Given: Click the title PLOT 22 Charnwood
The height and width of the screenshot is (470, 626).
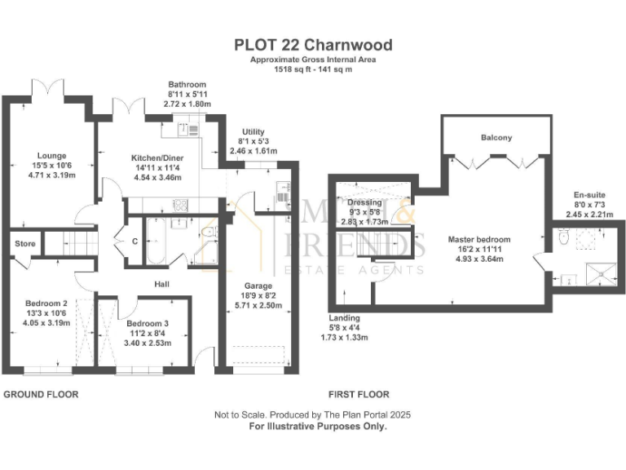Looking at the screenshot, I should point(313,45).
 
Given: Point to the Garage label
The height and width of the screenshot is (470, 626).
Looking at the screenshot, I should point(256,286).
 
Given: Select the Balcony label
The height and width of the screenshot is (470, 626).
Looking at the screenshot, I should point(496,138).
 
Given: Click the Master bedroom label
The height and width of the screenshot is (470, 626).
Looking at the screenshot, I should point(479,240).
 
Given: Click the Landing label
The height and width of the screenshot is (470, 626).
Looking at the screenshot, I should point(345,317).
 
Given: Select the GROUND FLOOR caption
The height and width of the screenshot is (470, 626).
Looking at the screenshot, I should point(42,394).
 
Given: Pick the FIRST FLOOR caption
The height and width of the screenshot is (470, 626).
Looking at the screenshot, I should point(358,394).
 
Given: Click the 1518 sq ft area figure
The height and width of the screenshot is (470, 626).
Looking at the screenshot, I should point(279,70).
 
